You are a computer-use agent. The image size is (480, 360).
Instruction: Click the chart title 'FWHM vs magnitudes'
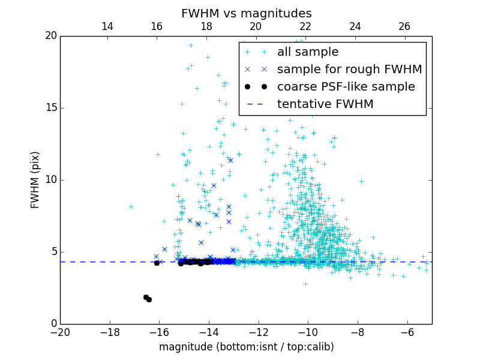pyautogui.click(x=246, y=13)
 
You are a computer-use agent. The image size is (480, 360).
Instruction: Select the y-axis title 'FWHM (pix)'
pyautogui.click(x=35, y=180)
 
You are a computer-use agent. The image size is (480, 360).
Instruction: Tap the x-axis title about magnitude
pyautogui.click(x=246, y=347)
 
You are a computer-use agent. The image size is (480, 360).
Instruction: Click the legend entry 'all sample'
pyautogui.click(x=307, y=52)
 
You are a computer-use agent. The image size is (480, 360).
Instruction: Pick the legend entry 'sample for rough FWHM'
pyautogui.click(x=349, y=70)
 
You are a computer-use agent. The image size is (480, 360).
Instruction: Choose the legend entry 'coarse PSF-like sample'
pyautogui.click(x=346, y=87)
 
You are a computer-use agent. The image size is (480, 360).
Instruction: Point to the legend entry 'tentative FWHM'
pyautogui.click(x=325, y=104)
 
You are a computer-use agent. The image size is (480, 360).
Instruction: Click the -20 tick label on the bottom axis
pyautogui.click(x=60, y=332)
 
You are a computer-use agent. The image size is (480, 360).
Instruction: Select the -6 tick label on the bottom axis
pyautogui.click(x=407, y=332)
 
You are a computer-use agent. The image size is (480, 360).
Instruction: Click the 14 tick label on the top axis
pyautogui.click(x=107, y=26)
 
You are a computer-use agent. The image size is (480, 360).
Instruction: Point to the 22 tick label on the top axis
pyautogui.click(x=305, y=26)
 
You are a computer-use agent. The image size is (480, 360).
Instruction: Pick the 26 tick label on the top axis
pyautogui.click(x=404, y=26)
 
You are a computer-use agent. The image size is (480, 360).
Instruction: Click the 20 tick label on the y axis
pyautogui.click(x=50, y=36)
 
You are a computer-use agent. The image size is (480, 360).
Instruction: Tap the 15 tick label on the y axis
pyautogui.click(x=50, y=108)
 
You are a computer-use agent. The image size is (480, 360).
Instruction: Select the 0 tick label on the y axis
pyautogui.click(x=53, y=324)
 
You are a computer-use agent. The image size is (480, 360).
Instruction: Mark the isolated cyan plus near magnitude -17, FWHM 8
pyautogui.click(x=131, y=206)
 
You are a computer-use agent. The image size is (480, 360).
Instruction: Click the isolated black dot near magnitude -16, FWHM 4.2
pyautogui.click(x=157, y=263)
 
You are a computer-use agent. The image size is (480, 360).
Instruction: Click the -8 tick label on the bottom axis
pyautogui.click(x=358, y=332)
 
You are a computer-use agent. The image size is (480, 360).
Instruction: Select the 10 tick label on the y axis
pyautogui.click(x=50, y=180)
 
